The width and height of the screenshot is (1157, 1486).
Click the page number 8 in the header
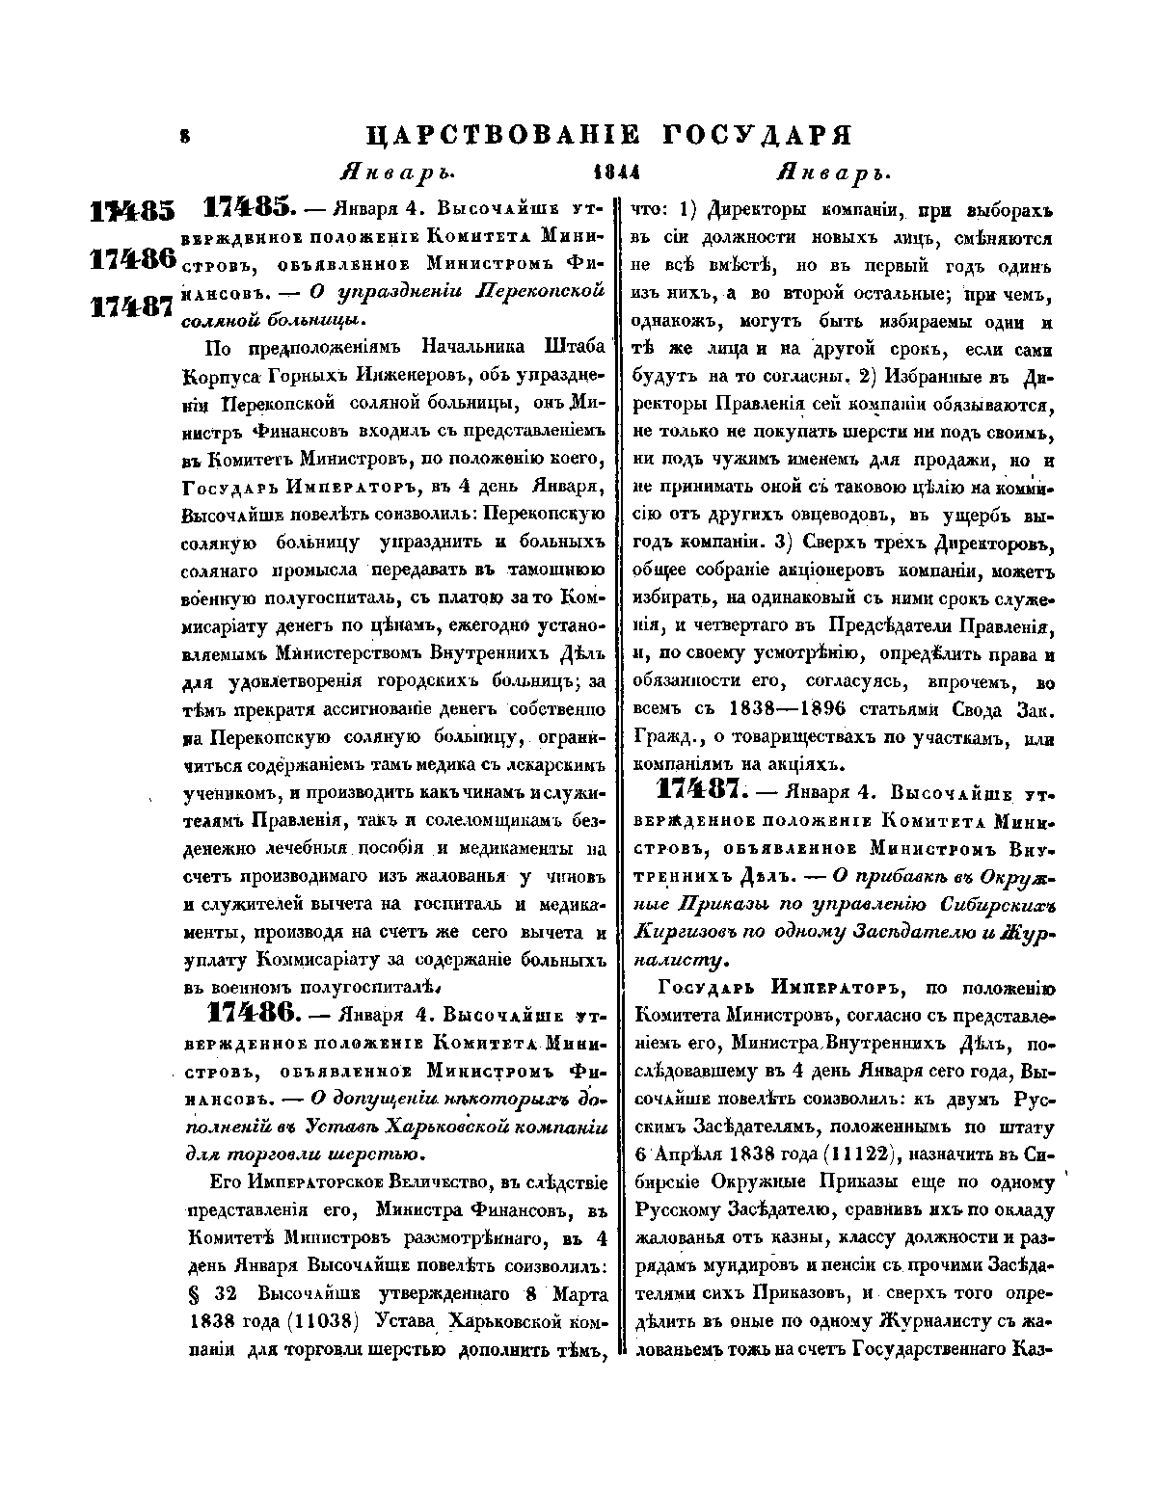click(184, 139)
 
